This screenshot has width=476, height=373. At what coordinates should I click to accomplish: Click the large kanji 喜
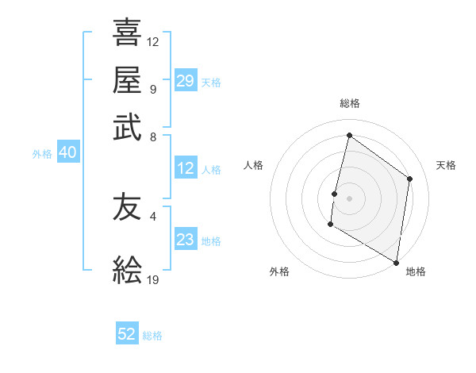127,33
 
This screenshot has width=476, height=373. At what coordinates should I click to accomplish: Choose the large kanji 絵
127,271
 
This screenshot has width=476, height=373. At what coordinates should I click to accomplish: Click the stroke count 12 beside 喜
153,41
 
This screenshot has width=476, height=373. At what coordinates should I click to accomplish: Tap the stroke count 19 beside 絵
153,279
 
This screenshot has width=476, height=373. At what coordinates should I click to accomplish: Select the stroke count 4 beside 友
153,216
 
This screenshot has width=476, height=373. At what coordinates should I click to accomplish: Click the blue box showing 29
186,81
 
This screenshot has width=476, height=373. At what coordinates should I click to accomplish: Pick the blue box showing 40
67,152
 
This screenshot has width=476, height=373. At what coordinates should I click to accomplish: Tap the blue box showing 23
186,240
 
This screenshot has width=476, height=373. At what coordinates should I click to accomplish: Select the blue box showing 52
127,334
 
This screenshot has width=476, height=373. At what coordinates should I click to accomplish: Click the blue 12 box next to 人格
186,168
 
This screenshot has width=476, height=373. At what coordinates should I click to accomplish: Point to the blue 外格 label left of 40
42,154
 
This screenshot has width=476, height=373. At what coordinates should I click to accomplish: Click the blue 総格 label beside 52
152,336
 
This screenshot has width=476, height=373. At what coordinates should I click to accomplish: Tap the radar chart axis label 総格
350,103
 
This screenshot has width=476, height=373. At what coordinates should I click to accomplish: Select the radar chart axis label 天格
446,165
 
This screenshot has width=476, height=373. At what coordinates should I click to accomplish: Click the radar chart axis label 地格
416,271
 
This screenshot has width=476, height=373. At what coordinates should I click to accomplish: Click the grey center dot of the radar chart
349,197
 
